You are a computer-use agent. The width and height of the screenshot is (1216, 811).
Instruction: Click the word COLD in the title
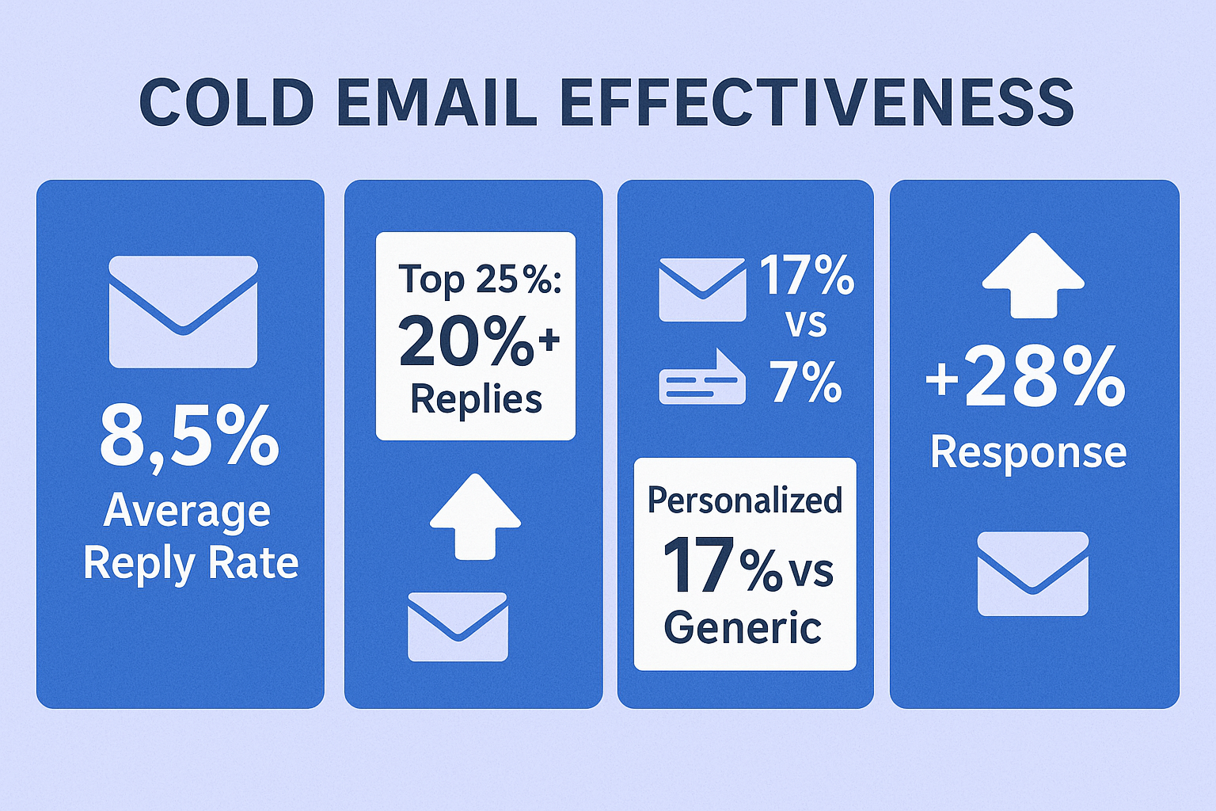click(227, 103)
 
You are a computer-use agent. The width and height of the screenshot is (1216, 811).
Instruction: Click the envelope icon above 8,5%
click(183, 312)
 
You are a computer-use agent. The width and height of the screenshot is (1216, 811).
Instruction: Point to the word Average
click(187, 512)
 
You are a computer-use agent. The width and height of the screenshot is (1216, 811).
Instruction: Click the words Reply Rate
click(191, 564)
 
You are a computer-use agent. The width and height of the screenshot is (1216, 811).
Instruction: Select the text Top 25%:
click(479, 280)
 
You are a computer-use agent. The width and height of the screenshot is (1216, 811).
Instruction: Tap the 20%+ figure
click(479, 342)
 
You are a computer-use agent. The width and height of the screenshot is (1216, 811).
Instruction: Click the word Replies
click(476, 400)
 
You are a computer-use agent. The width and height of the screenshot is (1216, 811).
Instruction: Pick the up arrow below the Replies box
click(476, 516)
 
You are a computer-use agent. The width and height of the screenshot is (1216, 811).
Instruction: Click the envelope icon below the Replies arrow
click(458, 626)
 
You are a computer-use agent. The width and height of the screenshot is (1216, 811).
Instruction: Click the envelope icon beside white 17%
click(702, 290)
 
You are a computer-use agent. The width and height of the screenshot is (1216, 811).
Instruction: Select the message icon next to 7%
click(702, 376)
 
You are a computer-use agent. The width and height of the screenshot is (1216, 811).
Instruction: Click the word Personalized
click(745, 501)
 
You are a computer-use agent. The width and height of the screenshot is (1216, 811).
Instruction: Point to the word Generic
click(743, 627)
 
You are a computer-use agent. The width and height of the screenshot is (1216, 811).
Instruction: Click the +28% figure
click(1025, 378)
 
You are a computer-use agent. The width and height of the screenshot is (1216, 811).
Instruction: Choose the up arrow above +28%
click(1034, 276)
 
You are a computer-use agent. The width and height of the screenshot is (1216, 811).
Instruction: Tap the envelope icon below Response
click(1033, 573)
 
